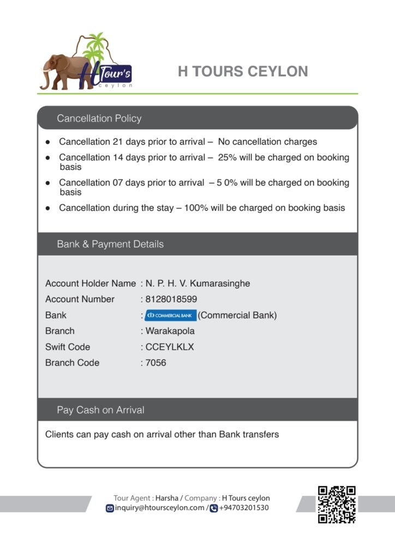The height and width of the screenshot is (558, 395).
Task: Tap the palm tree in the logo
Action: [x=96, y=47]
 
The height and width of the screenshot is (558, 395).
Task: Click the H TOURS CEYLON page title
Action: [x=243, y=71]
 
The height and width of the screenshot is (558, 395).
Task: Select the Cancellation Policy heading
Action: [x=99, y=118]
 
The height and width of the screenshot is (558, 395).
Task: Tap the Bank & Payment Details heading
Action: [x=110, y=244]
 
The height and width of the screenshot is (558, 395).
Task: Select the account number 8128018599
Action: [x=171, y=299]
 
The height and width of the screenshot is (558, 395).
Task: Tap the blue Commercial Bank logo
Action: [x=171, y=316]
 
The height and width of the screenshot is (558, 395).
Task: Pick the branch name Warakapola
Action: [x=170, y=331]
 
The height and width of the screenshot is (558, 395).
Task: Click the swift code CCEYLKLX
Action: [x=170, y=347]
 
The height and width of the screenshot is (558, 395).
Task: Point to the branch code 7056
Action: [x=156, y=362]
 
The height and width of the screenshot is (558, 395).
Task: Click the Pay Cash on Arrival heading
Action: [x=100, y=410]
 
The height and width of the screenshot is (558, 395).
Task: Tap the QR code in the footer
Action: [x=337, y=504]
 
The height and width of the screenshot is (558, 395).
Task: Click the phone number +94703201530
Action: [x=243, y=508]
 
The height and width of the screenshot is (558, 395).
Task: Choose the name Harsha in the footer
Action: [x=166, y=498]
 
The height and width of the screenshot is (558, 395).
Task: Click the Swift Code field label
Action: [x=68, y=347]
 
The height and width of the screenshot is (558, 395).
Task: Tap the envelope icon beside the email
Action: [x=110, y=508]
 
